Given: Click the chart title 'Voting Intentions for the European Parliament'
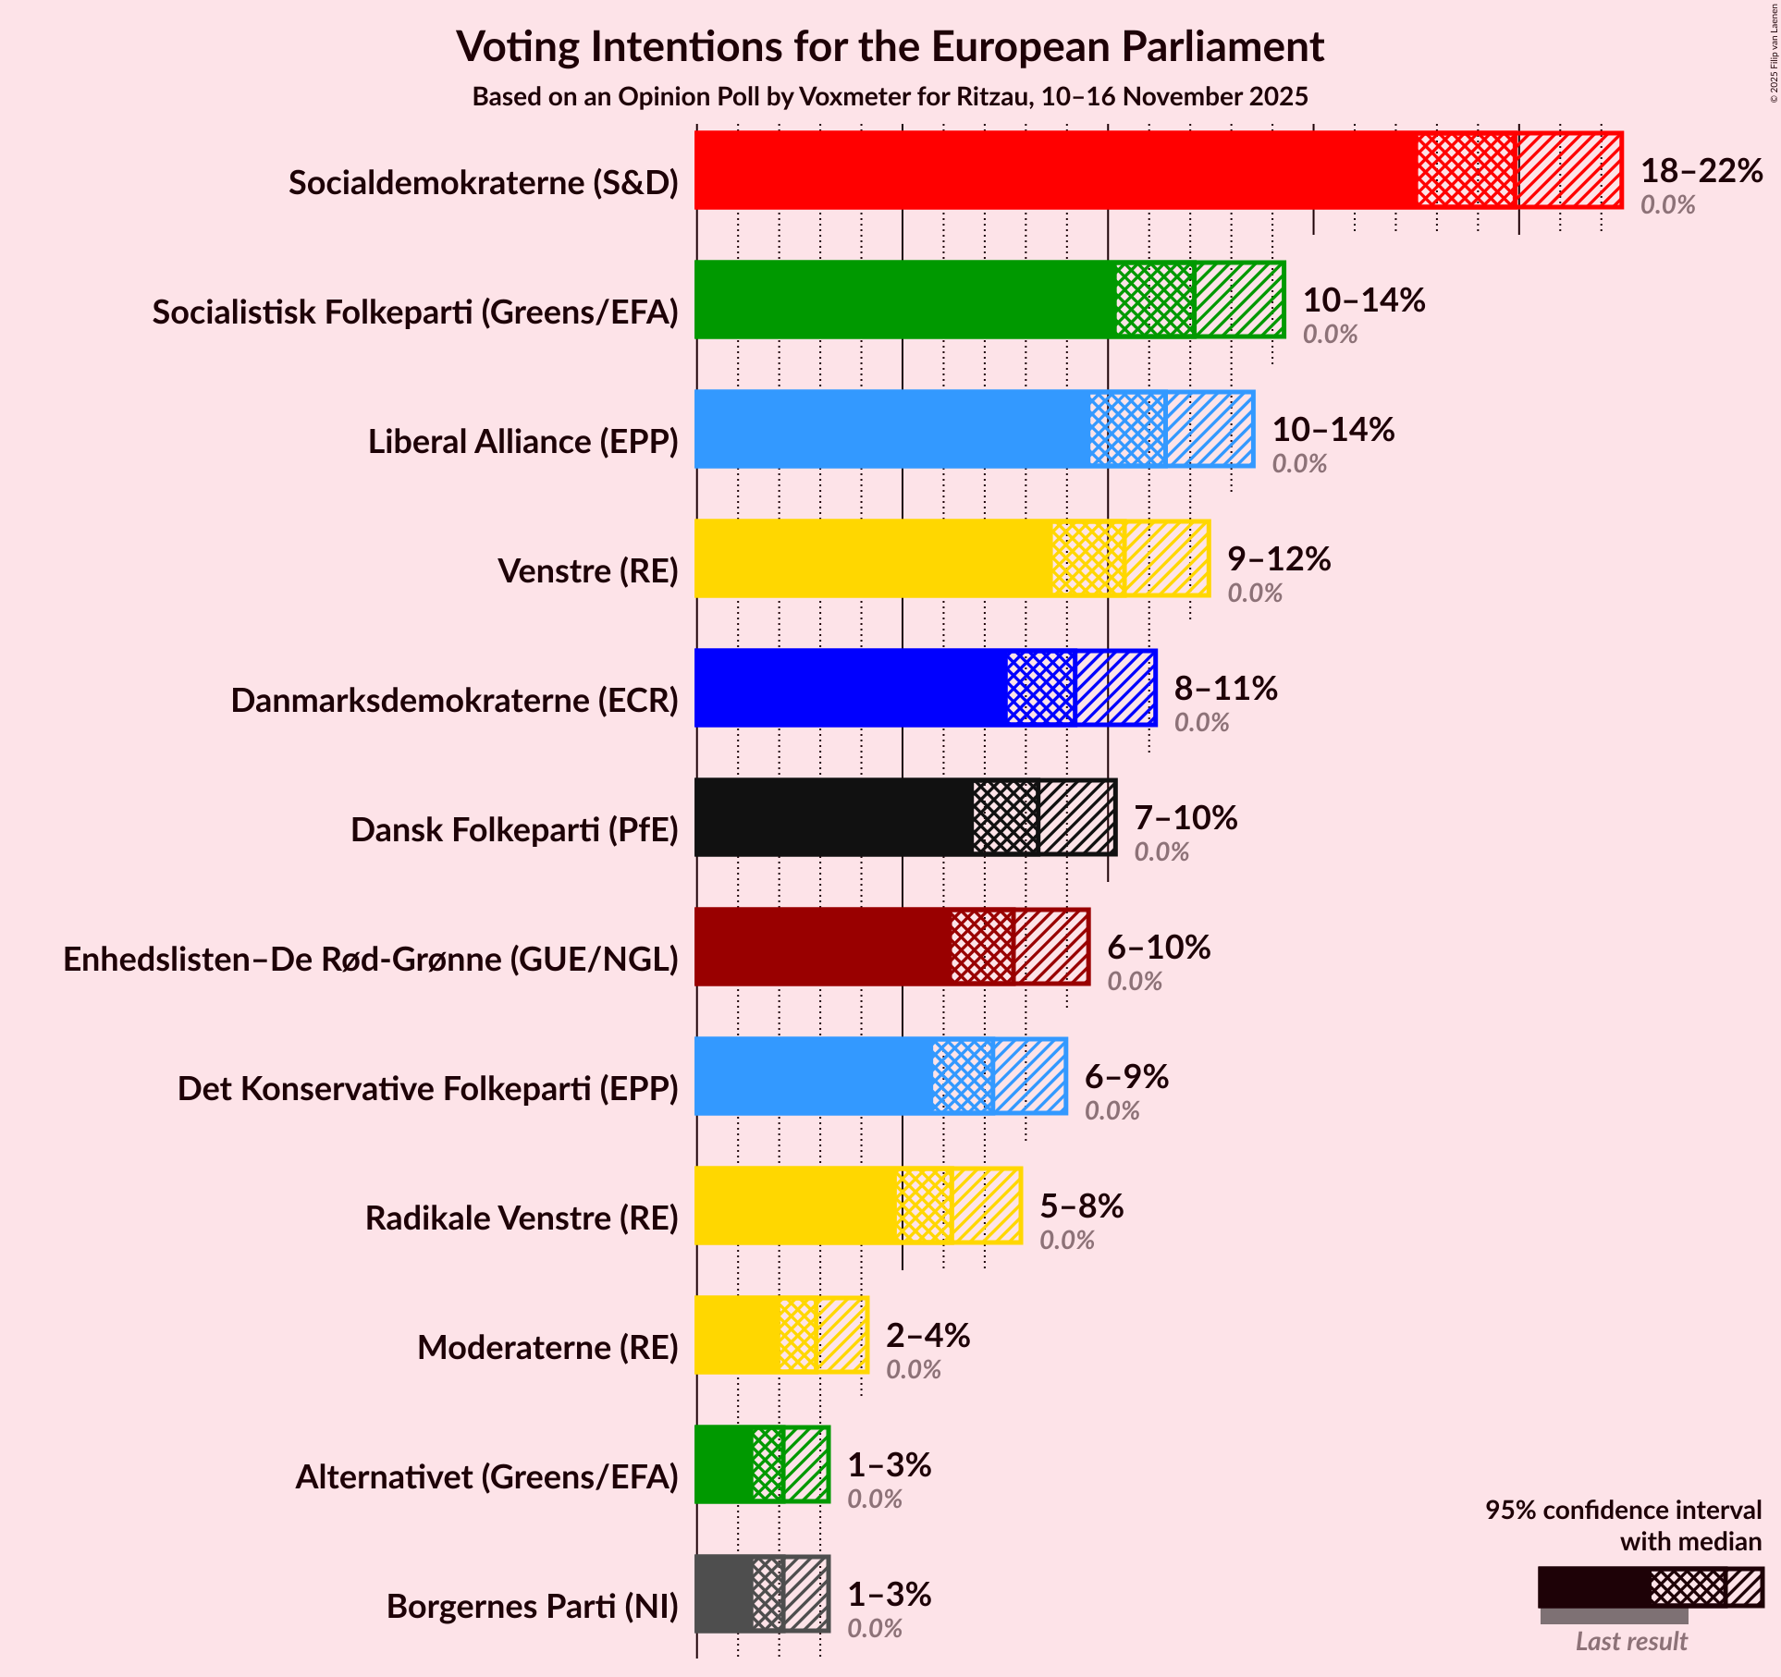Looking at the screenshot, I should coord(890,47).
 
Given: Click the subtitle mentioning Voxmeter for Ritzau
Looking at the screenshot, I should coord(890,97).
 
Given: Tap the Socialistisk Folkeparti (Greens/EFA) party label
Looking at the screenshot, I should coord(415,312).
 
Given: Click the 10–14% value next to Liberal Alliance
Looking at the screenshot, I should coord(1333,430).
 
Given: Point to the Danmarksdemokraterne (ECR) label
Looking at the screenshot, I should coord(454,701).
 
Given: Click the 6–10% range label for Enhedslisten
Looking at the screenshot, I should coord(1159,948).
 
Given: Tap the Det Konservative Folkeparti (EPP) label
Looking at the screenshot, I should coord(427,1089).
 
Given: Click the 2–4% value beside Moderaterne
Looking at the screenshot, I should coord(927,1336).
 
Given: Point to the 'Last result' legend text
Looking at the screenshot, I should coord(1631,1641).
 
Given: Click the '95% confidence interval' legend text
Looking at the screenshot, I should coord(1623,1510).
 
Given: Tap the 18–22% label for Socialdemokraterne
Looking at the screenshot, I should coord(1701,171).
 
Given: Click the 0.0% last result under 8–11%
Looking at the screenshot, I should coord(1201,723).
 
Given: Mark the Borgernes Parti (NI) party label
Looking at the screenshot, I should coord(532,1607).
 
